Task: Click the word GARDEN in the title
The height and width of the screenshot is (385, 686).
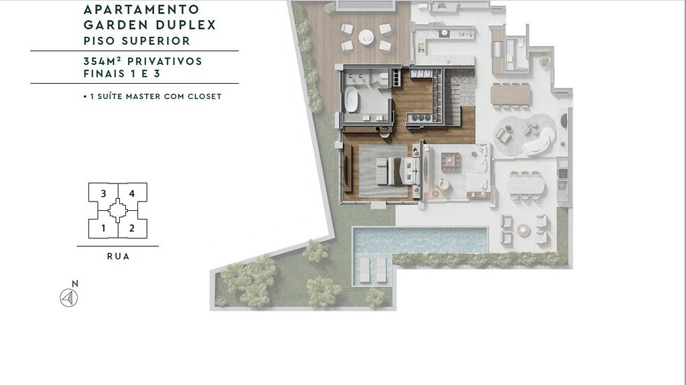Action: tap(111, 25)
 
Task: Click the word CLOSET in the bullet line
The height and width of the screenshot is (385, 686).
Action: tap(205, 96)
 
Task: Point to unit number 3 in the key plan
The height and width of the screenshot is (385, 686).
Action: tap(103, 194)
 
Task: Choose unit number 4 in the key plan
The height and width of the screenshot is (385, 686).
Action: tap(132, 194)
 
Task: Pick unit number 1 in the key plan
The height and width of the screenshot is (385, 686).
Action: tap(103, 228)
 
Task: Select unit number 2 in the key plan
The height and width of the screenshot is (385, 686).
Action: tap(132, 228)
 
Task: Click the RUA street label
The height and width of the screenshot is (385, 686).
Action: tap(118, 256)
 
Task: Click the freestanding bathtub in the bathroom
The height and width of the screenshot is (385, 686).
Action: tap(352, 99)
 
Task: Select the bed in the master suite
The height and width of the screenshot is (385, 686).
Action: tap(399, 171)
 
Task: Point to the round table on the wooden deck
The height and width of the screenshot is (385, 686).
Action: tap(366, 37)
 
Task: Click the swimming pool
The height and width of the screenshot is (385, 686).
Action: tap(420, 240)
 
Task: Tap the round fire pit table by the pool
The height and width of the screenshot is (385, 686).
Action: tap(524, 230)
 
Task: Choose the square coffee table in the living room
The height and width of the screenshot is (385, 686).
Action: tap(451, 161)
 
